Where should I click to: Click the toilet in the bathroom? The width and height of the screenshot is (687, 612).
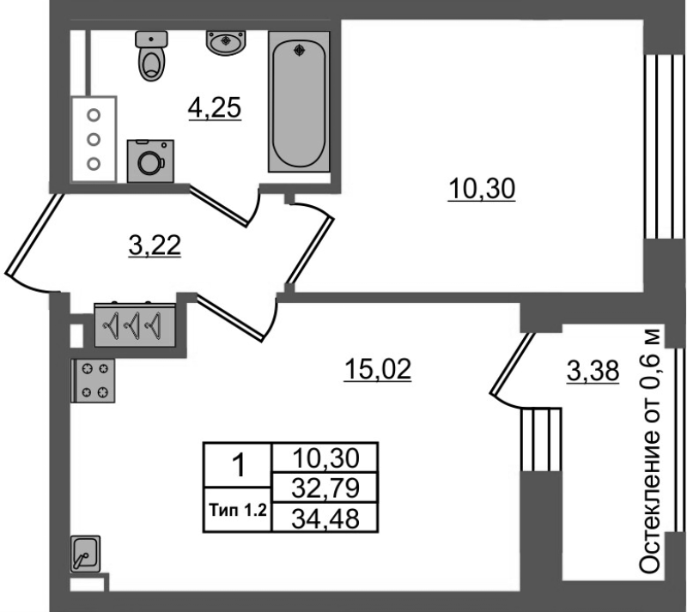(152, 56)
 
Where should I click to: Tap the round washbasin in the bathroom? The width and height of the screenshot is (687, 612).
(226, 43)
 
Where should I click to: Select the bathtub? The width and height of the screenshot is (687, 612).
(299, 101)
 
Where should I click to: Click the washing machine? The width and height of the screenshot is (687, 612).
(150, 161)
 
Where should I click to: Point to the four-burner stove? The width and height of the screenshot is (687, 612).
(93, 380)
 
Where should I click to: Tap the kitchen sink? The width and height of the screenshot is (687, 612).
(85, 554)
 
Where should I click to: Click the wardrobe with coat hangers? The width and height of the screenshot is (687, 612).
(135, 325)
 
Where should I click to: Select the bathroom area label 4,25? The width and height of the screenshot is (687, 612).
(215, 108)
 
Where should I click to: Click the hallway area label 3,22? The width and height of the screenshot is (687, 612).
(155, 245)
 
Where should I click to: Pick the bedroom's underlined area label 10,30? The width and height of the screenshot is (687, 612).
(482, 189)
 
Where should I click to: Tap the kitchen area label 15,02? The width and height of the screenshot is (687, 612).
(378, 369)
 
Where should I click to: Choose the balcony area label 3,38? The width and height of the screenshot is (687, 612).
(593, 371)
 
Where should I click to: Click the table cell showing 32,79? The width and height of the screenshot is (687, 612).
(325, 488)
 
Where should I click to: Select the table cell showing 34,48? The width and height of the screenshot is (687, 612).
(325, 518)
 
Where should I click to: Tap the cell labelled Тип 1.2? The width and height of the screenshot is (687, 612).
(238, 510)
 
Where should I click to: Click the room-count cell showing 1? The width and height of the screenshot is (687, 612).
(238, 465)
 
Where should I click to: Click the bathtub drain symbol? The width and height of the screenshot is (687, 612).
(299, 51)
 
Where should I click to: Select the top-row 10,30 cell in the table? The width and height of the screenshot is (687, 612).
(325, 458)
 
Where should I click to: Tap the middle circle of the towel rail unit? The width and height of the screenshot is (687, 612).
(94, 140)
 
